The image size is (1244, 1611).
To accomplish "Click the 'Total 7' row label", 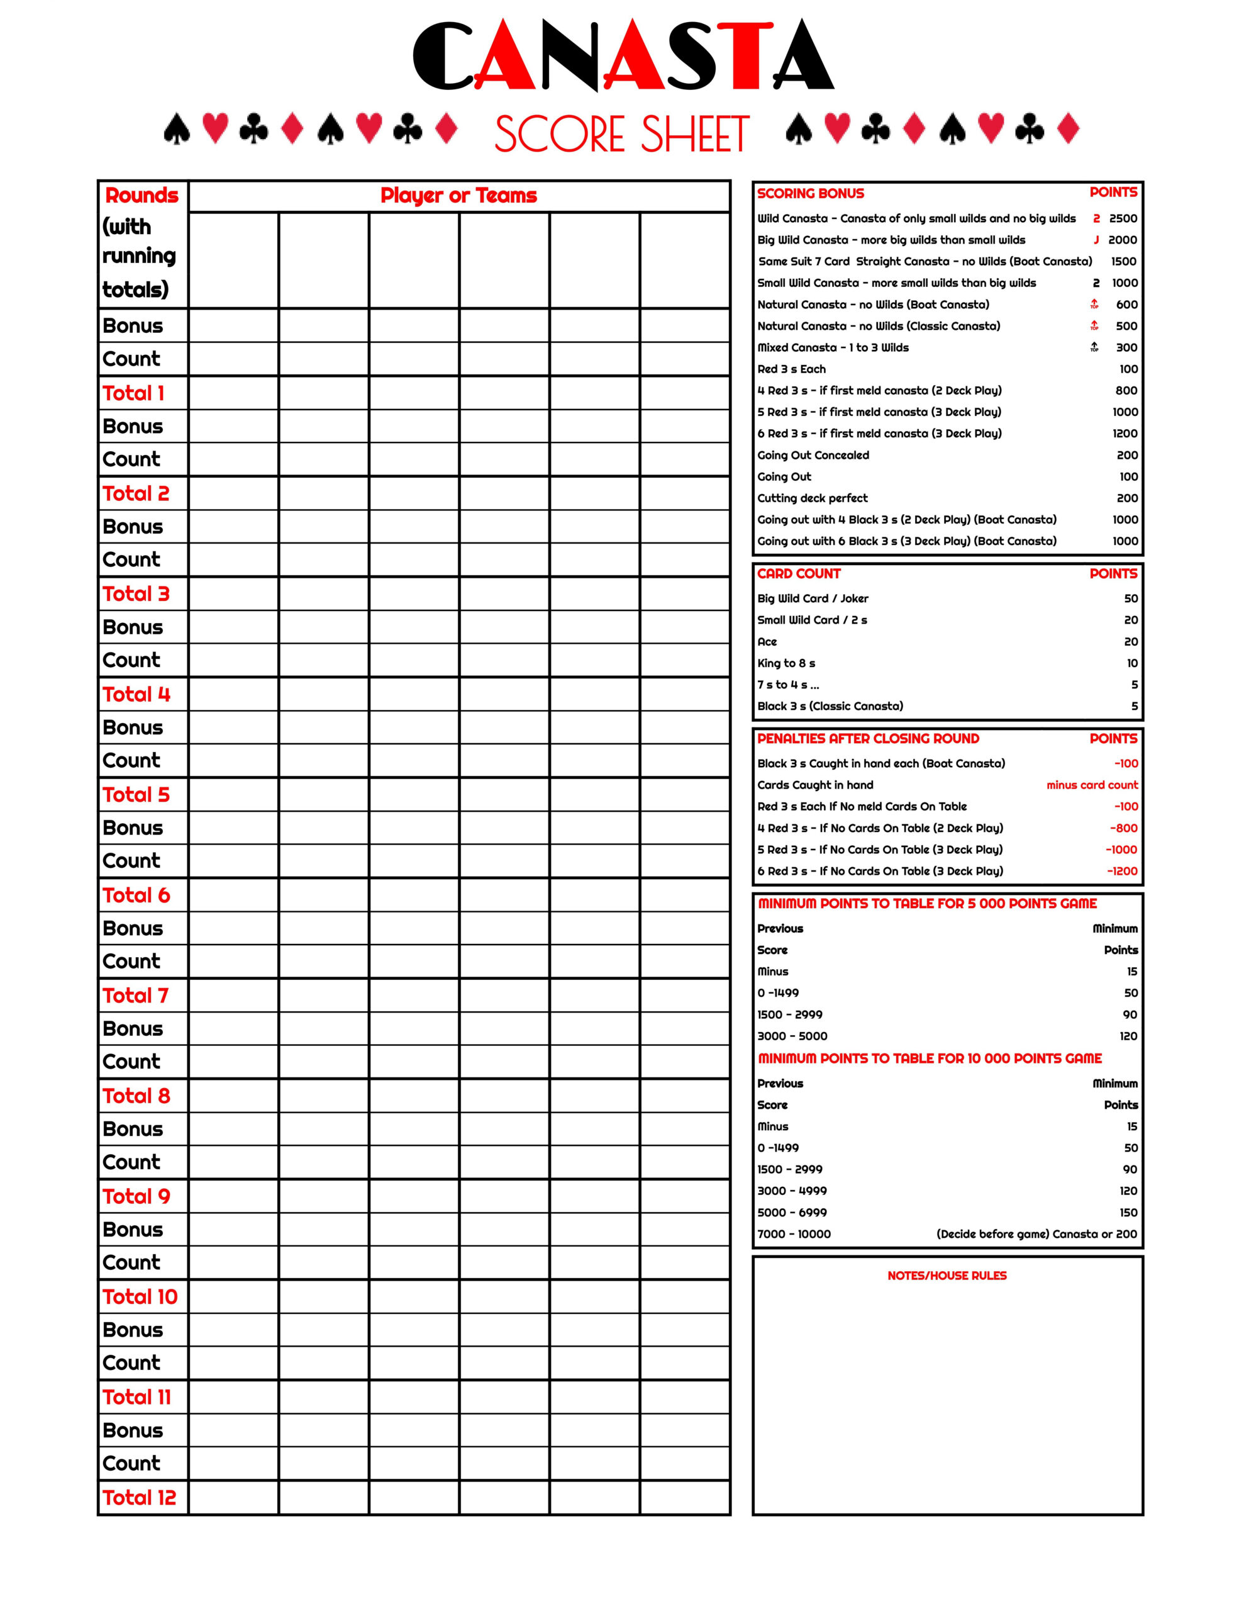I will (136, 996).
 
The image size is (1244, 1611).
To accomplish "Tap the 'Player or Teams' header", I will (458, 196).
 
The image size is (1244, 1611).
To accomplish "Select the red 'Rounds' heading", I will (142, 196).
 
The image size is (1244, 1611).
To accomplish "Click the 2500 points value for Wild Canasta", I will (1123, 218).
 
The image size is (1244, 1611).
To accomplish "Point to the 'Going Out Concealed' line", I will (813, 455).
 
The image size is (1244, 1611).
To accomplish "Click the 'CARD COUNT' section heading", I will (799, 574).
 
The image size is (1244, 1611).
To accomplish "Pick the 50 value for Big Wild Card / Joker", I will (1130, 598).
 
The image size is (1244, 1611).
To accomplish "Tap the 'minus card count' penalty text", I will (1091, 785).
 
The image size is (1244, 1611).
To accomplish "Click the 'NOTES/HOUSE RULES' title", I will (947, 1276).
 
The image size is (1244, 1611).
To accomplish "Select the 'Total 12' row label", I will (140, 1497).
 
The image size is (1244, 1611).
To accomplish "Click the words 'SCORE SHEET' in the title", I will (621, 134).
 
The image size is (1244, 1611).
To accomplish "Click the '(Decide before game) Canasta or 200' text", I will (1036, 1234).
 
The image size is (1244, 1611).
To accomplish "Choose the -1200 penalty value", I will (1121, 871).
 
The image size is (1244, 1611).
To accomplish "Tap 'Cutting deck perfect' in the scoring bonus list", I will (812, 498).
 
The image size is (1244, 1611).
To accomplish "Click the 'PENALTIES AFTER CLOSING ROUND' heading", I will (868, 738).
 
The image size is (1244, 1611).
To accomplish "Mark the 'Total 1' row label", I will (133, 393).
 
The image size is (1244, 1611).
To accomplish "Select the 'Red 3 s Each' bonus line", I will (791, 369).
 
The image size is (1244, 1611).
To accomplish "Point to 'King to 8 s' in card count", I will (786, 663).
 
